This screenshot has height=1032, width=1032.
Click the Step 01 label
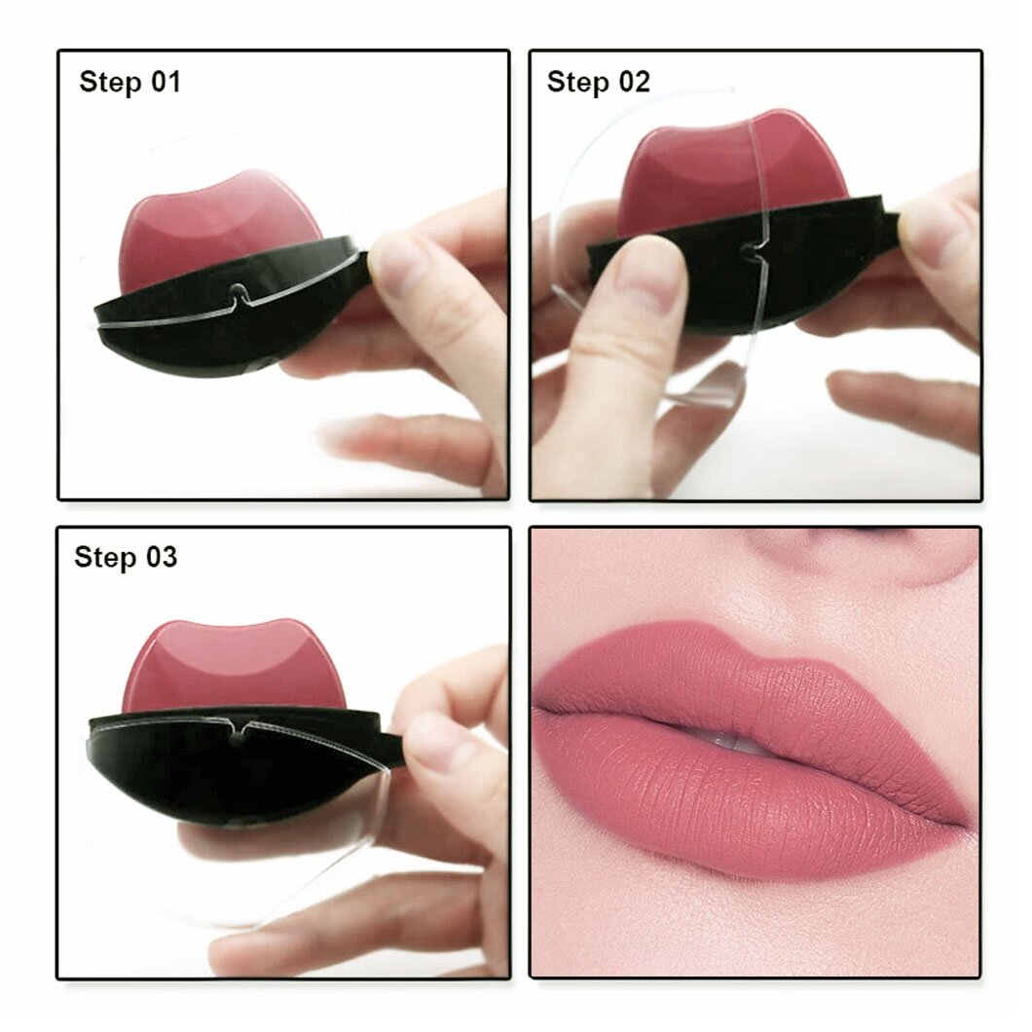point(129,82)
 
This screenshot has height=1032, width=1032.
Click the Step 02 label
point(598,82)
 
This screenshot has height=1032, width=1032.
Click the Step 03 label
point(126,558)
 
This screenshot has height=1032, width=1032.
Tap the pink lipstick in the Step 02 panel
point(720,166)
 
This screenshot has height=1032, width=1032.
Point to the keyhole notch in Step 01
point(238,289)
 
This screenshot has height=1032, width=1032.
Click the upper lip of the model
point(701,682)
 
